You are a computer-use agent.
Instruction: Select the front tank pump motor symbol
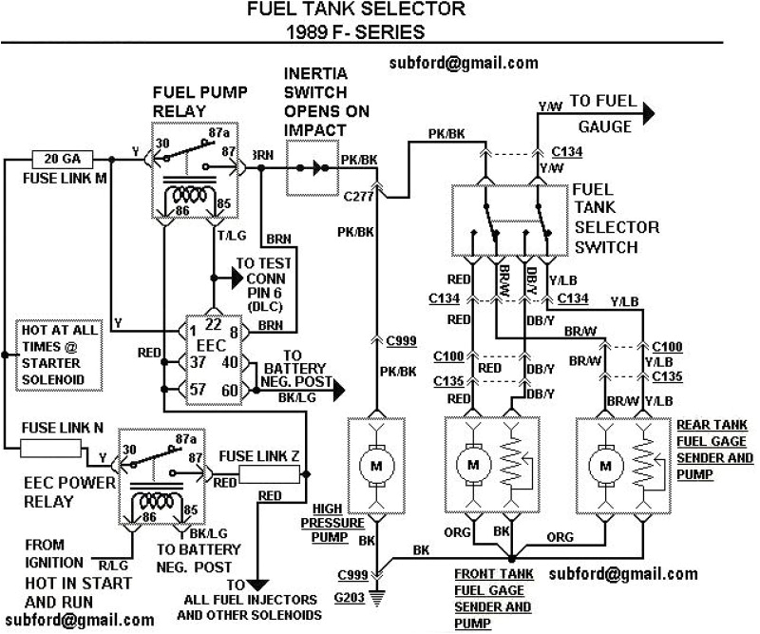(472, 466)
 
